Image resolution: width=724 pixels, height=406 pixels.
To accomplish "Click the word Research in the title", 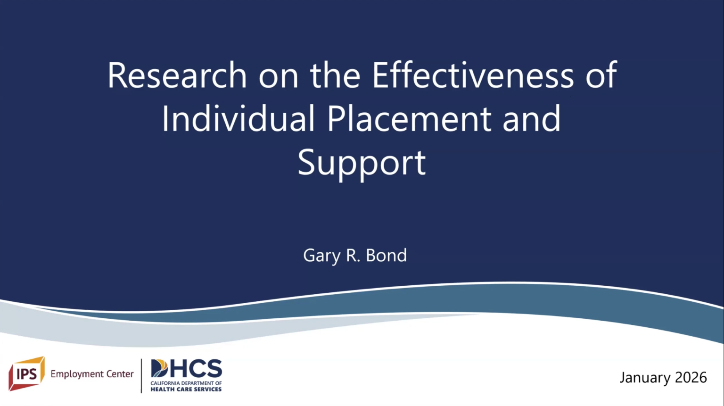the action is coord(177,75).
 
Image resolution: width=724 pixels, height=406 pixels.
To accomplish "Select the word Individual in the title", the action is coord(238,118).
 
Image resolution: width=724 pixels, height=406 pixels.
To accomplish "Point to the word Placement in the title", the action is coord(409,118).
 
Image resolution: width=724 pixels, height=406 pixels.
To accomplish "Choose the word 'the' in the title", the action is coord(335,75).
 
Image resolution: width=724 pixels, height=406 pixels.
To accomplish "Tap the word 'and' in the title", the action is coord(532,118).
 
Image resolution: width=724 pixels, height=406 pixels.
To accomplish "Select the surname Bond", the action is coord(386,256).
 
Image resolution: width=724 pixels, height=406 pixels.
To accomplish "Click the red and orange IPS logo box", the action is coord(26,373).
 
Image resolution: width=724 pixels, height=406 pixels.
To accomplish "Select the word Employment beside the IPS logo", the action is coord(75,374).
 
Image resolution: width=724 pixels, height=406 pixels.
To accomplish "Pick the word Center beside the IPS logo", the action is coord(118,374).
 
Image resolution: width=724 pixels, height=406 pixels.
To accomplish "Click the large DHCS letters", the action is coord(186,368).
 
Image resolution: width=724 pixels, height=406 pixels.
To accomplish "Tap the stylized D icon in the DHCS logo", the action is coord(159,368).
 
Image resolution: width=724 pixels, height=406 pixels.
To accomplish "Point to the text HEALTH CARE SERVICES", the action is coord(186,389).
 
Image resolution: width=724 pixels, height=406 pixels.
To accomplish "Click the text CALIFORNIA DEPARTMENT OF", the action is coord(186,383).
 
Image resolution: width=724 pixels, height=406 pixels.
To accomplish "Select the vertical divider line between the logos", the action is coord(141,376).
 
